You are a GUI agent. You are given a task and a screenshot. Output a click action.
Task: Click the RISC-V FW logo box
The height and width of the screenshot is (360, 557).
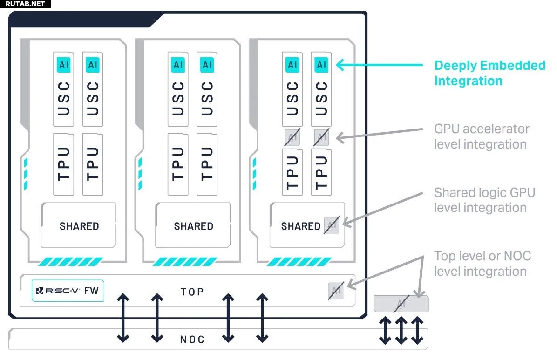click(x=68, y=291)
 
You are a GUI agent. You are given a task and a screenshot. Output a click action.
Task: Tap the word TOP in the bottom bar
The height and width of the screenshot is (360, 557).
click(x=192, y=292)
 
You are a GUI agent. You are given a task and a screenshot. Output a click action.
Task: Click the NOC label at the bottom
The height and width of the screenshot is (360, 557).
click(x=192, y=339)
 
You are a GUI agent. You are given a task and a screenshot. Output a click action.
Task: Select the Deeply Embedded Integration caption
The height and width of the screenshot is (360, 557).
click(x=489, y=73)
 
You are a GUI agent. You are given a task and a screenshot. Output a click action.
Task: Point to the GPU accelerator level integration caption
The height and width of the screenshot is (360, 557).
click(x=482, y=136)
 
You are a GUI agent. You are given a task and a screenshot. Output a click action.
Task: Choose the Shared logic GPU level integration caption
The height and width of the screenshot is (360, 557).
click(x=484, y=200)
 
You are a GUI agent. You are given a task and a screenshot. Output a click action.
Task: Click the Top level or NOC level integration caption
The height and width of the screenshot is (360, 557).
click(x=482, y=264)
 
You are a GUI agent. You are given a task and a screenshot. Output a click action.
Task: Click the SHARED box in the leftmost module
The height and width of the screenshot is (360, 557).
click(x=79, y=226)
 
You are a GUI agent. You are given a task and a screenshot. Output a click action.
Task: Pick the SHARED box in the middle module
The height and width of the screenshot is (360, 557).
click(x=193, y=226)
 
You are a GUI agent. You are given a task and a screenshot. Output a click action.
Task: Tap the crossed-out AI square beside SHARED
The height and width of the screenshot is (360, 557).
click(x=332, y=225)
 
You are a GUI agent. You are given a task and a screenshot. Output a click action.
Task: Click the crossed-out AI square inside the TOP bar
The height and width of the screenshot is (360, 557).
click(x=336, y=291)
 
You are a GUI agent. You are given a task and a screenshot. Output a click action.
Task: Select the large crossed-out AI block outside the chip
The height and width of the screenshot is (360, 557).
click(x=401, y=304)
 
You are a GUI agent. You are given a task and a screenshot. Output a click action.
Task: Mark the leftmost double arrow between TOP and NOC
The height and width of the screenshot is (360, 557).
click(x=123, y=318)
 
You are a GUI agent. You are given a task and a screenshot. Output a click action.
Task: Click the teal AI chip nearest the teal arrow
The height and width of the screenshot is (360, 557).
click(x=321, y=65)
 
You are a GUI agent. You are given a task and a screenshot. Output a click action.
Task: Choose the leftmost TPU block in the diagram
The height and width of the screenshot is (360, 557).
click(x=64, y=164)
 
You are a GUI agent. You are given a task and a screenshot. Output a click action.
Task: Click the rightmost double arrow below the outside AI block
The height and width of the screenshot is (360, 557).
click(x=417, y=331)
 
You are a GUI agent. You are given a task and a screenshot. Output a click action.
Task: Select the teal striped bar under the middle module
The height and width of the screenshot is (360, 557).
click(x=185, y=262)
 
